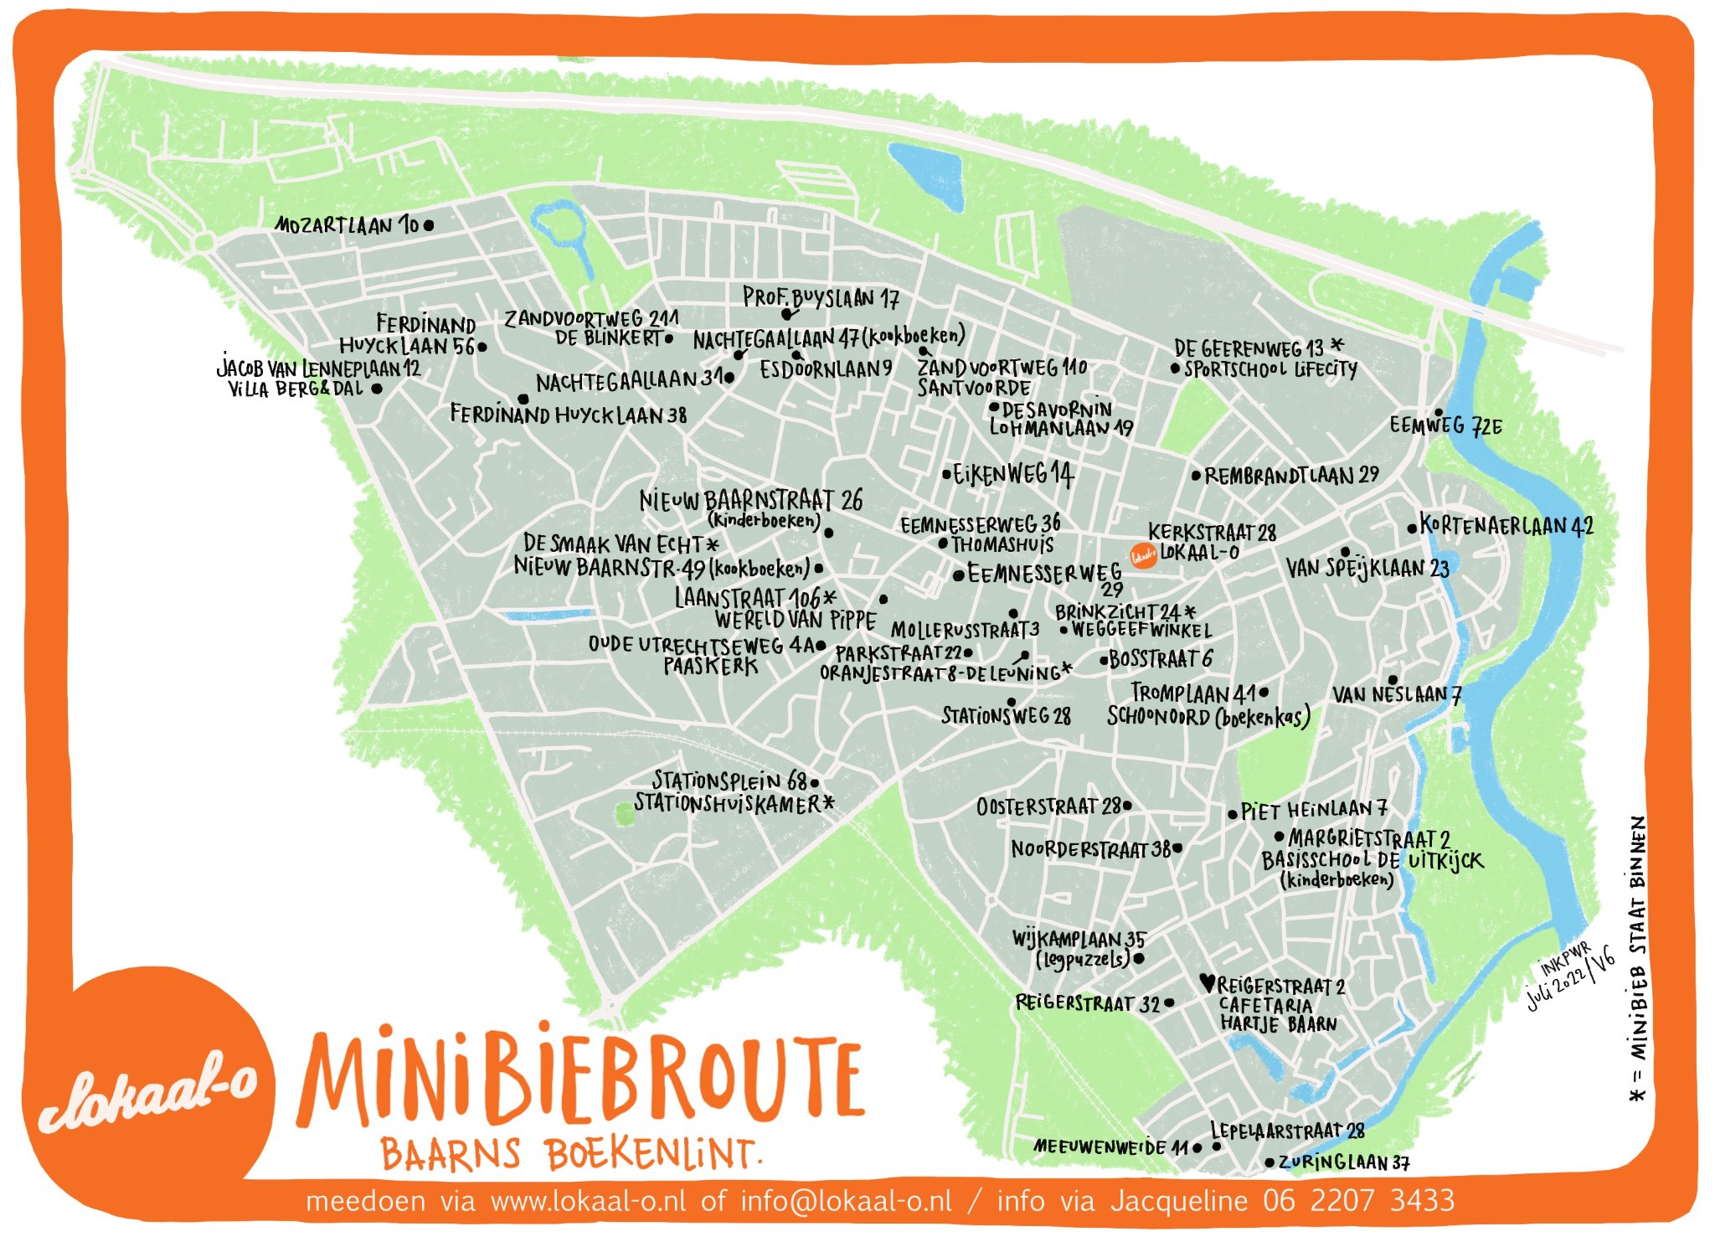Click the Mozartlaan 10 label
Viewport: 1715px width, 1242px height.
[347, 225]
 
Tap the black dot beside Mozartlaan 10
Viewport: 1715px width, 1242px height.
[429, 225]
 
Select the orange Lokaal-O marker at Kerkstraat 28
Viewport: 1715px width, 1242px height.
[1143, 555]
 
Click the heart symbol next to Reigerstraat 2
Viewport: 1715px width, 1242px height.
[1207, 982]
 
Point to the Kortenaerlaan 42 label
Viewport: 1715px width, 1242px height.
[1506, 526]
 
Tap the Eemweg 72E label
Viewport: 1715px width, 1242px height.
[1445, 425]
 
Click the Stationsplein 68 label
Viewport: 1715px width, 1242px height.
[729, 781]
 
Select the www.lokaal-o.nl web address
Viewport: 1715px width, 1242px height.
[588, 1201]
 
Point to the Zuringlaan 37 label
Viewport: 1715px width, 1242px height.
[1343, 1162]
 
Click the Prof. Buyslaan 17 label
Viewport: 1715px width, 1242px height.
[821, 297]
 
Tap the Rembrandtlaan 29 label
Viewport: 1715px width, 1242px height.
[1291, 476]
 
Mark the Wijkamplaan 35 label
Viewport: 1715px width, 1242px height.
[1079, 939]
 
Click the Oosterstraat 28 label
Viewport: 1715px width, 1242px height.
[1048, 807]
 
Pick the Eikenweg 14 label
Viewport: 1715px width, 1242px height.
[1013, 475]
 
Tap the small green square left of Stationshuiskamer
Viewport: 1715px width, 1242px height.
[624, 812]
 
